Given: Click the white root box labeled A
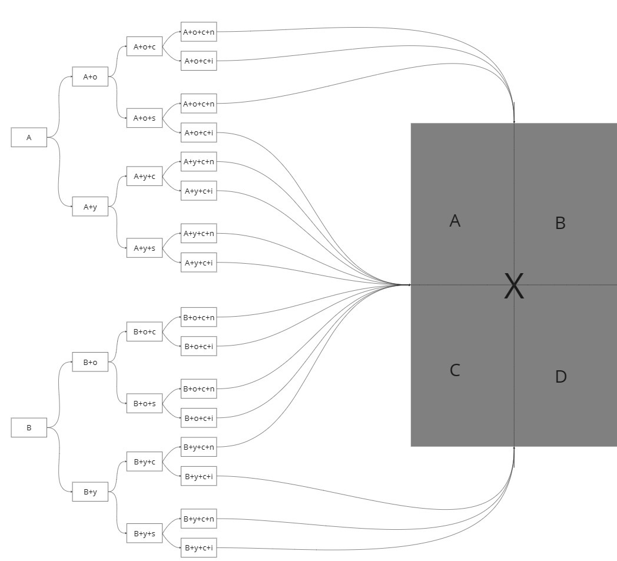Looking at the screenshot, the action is point(29,137).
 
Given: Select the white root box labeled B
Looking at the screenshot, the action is point(29,427).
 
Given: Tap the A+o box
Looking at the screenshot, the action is point(90,77).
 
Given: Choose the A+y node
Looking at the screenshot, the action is point(90,207).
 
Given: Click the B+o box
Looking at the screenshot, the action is point(90,362).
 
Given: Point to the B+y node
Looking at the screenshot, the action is point(90,492).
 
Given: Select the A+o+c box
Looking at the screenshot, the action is point(144,47).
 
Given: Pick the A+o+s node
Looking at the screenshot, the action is point(144,118).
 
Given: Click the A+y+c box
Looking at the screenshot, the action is point(144,176).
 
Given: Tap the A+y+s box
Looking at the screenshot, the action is point(144,248).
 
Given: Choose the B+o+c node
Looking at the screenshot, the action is point(144,331).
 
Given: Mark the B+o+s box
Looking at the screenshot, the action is point(144,403).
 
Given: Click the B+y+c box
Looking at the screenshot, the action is point(144,462).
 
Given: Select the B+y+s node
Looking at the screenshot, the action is point(144,533).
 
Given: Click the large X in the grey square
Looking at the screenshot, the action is point(514,286).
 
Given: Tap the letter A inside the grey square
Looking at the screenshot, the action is point(455,221).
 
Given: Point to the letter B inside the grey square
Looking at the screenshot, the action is point(560,223).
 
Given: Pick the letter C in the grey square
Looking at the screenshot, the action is point(455,370).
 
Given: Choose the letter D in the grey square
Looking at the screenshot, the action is point(560,377).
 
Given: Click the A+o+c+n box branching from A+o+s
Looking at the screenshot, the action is point(199,104).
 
